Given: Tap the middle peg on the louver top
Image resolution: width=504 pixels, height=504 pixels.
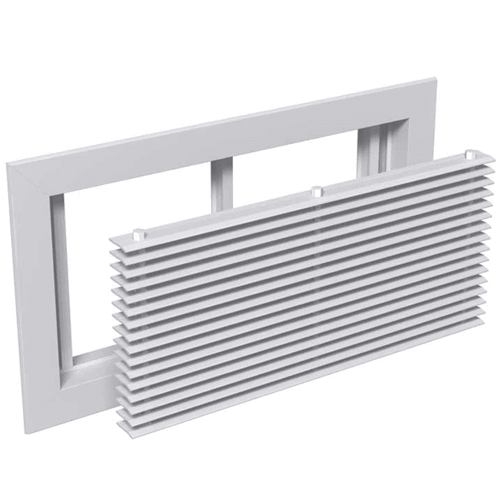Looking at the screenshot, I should coord(316,191).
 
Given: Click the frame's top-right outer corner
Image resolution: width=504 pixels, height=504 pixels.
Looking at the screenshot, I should coord(435,78).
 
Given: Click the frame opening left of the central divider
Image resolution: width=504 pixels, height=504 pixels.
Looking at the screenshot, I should coord(134,205).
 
